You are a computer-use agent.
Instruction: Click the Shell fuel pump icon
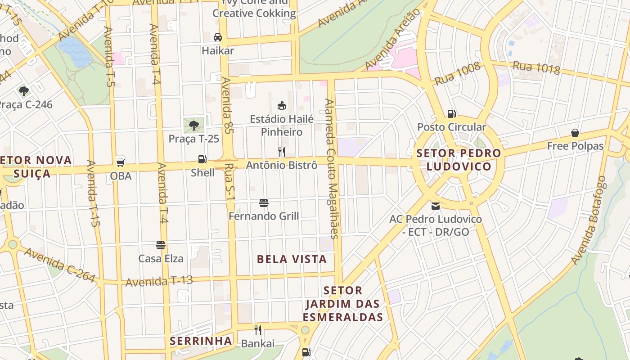[202, 159]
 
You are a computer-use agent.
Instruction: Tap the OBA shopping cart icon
[120, 162]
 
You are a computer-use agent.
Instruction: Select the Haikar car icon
[218, 37]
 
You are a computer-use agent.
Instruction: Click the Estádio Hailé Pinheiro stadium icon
[282, 106]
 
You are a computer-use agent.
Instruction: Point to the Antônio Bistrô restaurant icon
[282, 152]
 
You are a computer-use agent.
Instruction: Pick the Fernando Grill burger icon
[264, 203]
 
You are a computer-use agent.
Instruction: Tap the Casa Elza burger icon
[161, 245]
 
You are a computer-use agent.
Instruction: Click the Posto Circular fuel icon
[451, 113]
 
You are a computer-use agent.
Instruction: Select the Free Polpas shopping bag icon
[575, 133]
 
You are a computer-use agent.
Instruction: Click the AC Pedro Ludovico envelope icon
[436, 206]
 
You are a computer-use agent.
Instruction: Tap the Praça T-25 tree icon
[194, 125]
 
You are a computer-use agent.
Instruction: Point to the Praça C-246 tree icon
[24, 91]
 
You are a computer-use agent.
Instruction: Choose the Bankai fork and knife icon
[258, 330]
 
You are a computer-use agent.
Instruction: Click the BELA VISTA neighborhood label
[292, 259]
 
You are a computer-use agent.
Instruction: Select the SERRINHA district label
[201, 341]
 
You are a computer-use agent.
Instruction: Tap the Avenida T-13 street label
[159, 281]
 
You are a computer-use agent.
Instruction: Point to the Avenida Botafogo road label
[589, 220]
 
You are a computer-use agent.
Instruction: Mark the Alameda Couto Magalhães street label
[332, 169]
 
